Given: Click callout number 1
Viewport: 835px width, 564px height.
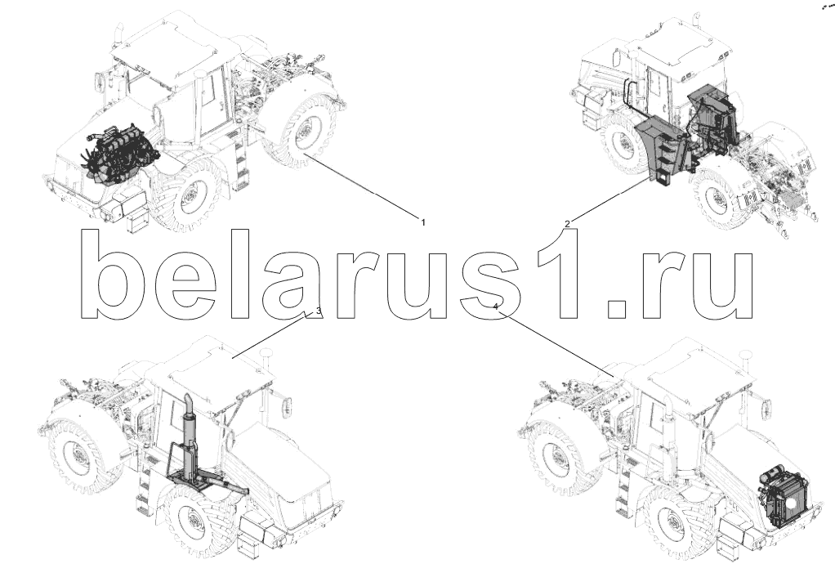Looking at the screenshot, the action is coord(423,222).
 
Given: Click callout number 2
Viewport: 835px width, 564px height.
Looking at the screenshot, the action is coord(567,224).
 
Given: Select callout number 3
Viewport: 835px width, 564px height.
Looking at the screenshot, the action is coord(319,311).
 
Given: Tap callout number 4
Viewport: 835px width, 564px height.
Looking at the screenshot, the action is coord(496,307).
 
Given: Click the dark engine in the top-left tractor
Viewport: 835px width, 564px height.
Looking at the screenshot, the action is coord(122,155).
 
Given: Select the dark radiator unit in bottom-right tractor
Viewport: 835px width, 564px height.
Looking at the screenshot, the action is coord(779,498).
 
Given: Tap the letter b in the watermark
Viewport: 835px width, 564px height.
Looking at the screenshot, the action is coord(114,275).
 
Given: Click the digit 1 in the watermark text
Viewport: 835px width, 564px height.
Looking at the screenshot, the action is coord(556,275).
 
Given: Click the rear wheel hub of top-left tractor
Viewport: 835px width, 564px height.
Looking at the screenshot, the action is coord(303,132).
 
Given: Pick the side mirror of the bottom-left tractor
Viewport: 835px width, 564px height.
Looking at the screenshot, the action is coord(287,407).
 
